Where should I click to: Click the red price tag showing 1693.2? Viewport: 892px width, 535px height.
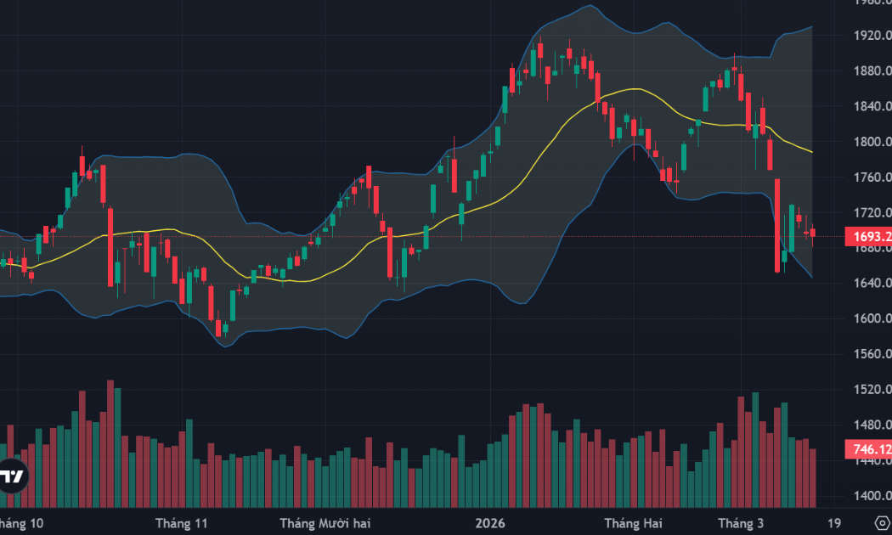867,237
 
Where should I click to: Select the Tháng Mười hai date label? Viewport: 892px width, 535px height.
325,522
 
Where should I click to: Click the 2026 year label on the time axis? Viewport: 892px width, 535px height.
490,522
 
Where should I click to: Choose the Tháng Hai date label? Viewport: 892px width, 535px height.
633,522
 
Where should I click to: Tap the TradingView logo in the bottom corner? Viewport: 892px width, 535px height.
12,476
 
